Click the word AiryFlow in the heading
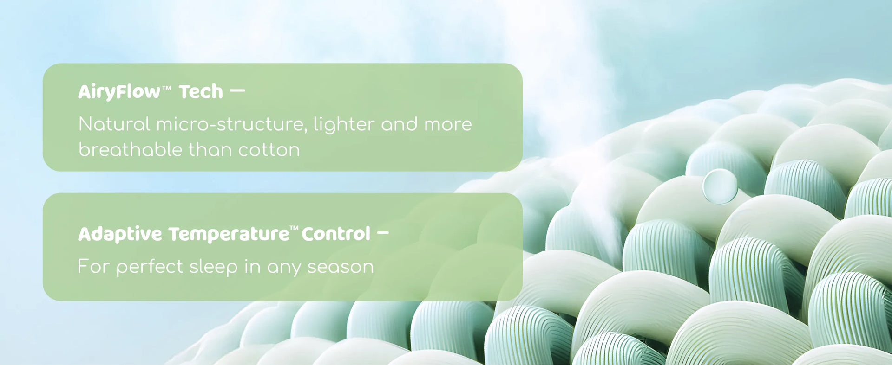[x=119, y=92]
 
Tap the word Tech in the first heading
[x=201, y=91]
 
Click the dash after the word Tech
[x=237, y=91]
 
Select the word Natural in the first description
[x=114, y=124]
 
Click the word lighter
[x=344, y=124]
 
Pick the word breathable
[x=131, y=149]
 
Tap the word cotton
[x=269, y=150]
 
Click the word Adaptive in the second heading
[x=120, y=234]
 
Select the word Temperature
[x=229, y=234]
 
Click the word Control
[x=336, y=234]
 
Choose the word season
[x=341, y=267]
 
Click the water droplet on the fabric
[x=720, y=186]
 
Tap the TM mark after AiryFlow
[x=166, y=88]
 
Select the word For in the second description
[x=93, y=266]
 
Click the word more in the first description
[x=448, y=125]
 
